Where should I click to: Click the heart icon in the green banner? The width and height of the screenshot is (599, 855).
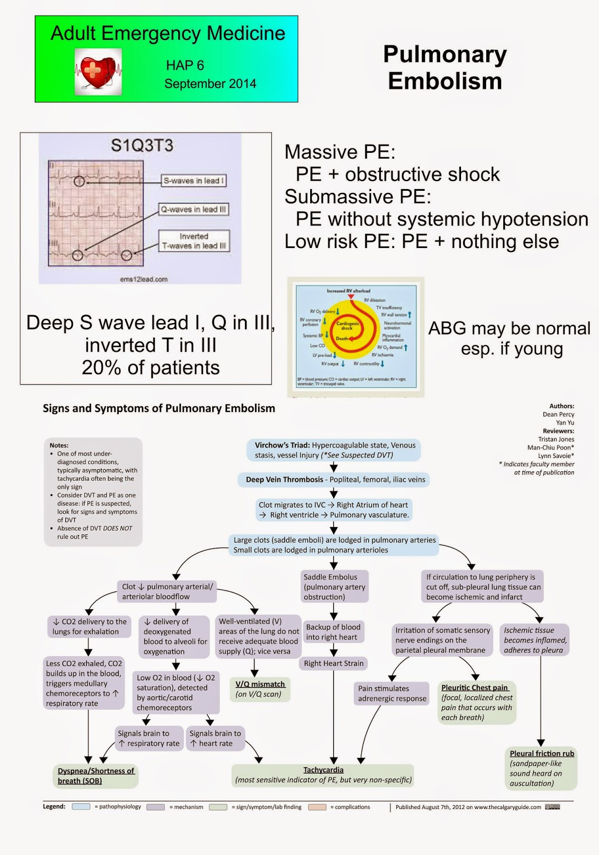[x=98, y=72]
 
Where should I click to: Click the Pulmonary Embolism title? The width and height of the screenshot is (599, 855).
[x=444, y=68]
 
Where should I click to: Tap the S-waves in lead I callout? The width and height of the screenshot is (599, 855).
[x=194, y=181]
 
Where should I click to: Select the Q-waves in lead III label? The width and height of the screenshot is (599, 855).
[x=194, y=209]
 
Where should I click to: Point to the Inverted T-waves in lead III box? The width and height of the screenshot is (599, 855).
[x=194, y=241]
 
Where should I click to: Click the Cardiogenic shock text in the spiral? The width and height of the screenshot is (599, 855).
[x=347, y=325]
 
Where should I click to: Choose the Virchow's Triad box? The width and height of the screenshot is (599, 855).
[x=334, y=450]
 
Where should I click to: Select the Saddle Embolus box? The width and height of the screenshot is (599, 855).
[x=334, y=587]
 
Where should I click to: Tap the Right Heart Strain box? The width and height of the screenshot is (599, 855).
[x=334, y=663]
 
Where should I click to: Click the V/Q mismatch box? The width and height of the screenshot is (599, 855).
[x=260, y=689]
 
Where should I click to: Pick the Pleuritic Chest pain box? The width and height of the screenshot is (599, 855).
[x=476, y=702]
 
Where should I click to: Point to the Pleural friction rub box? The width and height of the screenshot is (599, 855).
[x=541, y=768]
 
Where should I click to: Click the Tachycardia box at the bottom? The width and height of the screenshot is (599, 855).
[x=324, y=775]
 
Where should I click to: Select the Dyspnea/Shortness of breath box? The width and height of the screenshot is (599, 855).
[x=96, y=776]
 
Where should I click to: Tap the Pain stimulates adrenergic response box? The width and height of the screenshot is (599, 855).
[x=392, y=693]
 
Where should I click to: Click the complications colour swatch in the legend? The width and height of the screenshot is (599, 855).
[x=317, y=807]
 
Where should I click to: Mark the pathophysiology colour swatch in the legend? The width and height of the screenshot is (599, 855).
[x=81, y=807]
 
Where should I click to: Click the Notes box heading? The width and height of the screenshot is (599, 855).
[x=59, y=445]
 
